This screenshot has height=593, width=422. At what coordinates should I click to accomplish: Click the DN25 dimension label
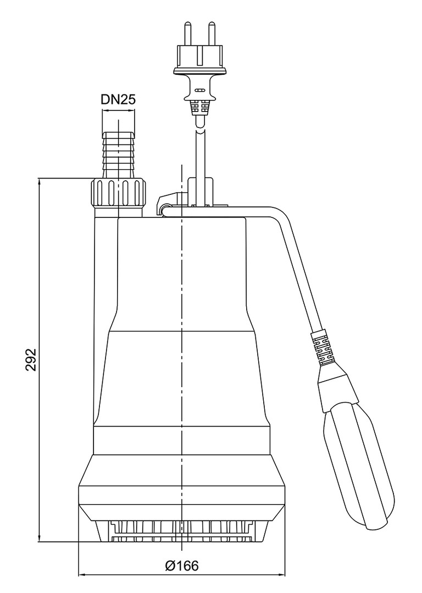pos(118,99)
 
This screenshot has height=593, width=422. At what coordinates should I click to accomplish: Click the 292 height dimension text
pos(31,359)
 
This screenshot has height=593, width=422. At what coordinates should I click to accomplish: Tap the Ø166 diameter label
pos(182,566)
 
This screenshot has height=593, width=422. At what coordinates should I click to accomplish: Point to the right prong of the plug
pos(212,35)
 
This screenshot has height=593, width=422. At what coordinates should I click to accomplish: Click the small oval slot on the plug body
pos(199,91)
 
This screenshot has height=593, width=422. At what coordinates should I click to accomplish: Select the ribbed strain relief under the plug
pos(199,108)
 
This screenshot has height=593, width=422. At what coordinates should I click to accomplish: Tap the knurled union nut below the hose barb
pos(118,193)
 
